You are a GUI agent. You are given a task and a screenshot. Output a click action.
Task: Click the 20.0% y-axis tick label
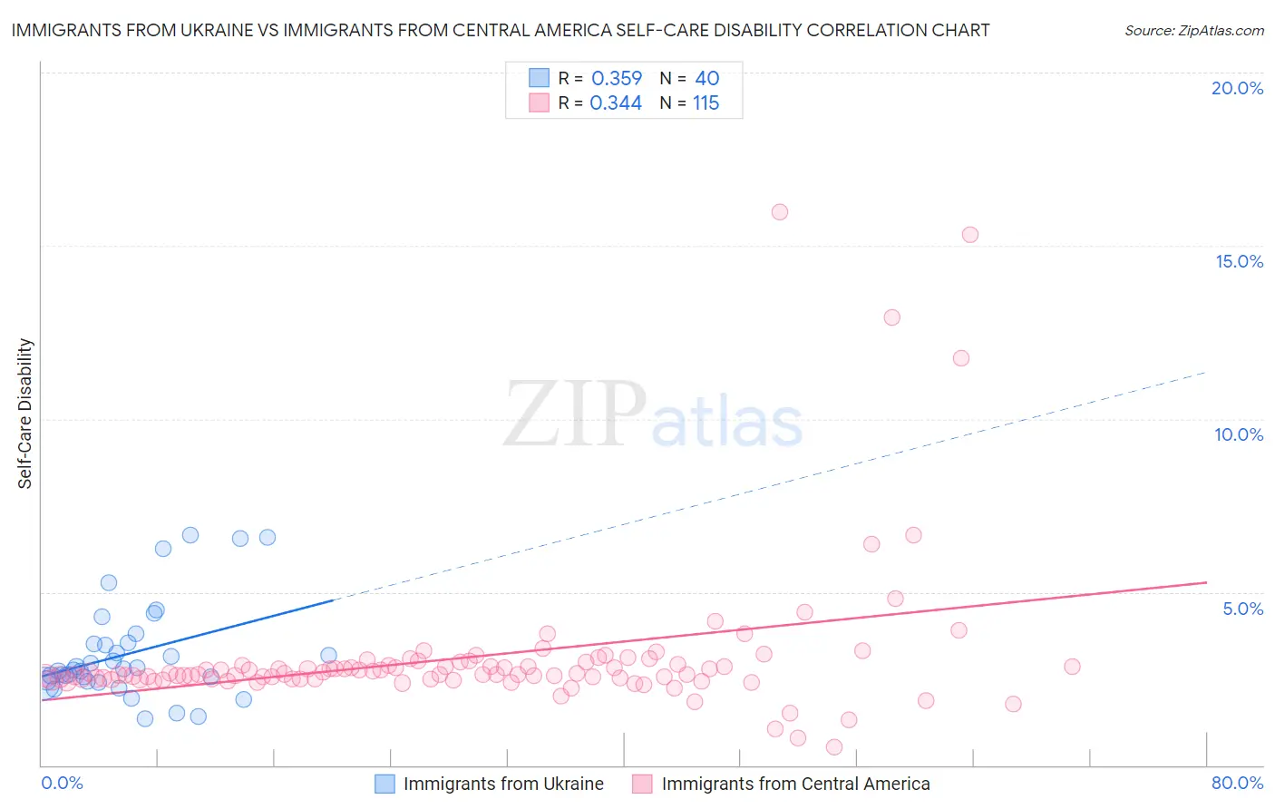[1237, 88]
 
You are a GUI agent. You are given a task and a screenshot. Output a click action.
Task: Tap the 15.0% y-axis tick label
[1239, 261]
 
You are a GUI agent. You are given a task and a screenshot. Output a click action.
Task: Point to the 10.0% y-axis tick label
[1239, 434]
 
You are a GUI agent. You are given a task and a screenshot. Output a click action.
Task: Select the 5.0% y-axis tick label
[1242, 609]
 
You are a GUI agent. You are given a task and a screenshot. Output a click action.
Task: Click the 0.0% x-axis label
[62, 783]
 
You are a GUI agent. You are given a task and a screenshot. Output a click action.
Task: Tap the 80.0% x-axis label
[1237, 783]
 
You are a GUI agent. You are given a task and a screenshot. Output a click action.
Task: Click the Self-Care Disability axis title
[25, 414]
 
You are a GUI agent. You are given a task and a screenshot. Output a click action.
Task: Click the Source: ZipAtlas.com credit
[1193, 30]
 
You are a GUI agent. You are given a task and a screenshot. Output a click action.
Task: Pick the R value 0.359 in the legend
[617, 79]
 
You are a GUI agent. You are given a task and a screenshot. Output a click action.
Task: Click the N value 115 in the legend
[706, 103]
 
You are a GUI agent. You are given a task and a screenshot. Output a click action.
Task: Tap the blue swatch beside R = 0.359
[539, 78]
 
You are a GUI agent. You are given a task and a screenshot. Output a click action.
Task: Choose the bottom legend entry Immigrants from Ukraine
[503, 784]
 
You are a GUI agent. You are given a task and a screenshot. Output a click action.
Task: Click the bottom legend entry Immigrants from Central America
[795, 784]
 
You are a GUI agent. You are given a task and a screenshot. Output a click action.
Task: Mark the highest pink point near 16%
[780, 212]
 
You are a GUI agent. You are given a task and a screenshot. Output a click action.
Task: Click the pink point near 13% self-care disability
[891, 317]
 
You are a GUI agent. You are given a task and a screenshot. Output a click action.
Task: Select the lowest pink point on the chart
[834, 747]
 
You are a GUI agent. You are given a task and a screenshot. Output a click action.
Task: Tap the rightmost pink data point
[1072, 667]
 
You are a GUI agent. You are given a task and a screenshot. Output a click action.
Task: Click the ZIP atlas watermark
[653, 414]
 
